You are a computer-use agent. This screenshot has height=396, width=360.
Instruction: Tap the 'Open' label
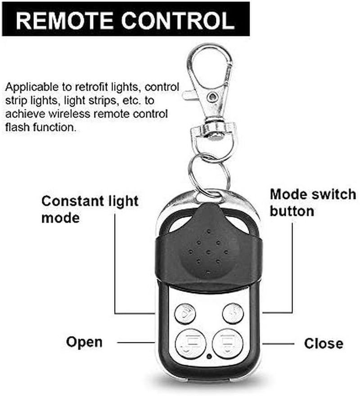coord(84,342)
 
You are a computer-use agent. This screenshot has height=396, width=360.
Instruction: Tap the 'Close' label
coord(323,343)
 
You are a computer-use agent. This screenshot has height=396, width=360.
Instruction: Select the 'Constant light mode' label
coord(90,209)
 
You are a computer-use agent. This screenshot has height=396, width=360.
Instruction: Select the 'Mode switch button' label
coord(313,202)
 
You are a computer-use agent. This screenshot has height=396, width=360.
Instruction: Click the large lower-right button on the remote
coord(227,343)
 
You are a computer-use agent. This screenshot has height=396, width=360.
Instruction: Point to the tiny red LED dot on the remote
coord(209,357)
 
